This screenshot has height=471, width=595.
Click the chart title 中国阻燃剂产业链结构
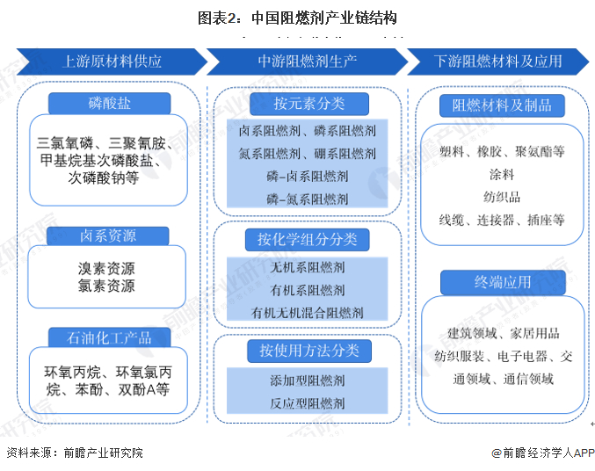297,18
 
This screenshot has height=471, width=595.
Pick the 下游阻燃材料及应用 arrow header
498,62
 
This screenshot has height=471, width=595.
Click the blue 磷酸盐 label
109,104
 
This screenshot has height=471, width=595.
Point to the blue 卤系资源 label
107,235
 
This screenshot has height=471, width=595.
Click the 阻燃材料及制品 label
502,105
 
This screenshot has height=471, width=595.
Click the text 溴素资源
105,269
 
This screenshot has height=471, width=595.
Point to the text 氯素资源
105,286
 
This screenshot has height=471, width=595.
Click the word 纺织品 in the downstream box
502,197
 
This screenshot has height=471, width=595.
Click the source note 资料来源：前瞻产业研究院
74,453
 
